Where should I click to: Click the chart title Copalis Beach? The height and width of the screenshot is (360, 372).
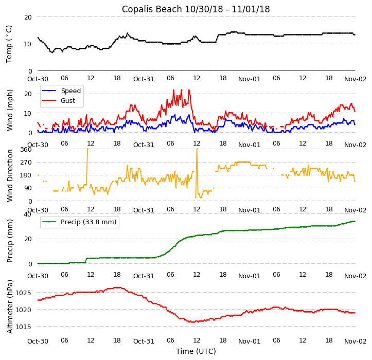pyautogui.click(x=196, y=9)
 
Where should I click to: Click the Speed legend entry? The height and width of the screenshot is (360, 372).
pyautogui.click(x=70, y=91)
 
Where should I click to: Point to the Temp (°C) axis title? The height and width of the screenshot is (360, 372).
pyautogui.click(x=9, y=44)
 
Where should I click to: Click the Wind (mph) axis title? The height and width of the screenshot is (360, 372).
pyautogui.click(x=9, y=109)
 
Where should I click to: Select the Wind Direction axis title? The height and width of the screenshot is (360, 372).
pyautogui.click(x=9, y=175)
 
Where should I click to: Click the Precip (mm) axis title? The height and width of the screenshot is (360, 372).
pyautogui.click(x=9, y=239)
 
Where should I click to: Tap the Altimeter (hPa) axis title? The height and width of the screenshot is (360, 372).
pyautogui.click(x=9, y=307)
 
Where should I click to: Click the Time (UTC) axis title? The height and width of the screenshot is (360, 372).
pyautogui.click(x=196, y=351)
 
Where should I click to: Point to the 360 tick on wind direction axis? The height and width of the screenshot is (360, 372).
pyautogui.click(x=26, y=149)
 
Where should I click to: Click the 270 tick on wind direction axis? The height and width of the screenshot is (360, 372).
pyautogui.click(x=26, y=162)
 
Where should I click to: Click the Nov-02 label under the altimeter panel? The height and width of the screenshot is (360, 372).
pyautogui.click(x=355, y=341)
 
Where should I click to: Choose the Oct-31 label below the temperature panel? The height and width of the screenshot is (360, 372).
pyautogui.click(x=144, y=79)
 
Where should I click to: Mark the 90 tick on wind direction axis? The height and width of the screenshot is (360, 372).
pyautogui.click(x=28, y=188)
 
